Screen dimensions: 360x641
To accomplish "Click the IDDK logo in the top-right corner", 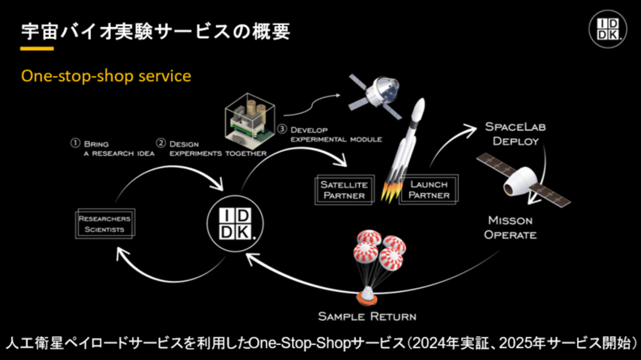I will tap(609, 30).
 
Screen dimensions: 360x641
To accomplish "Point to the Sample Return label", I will tap(367, 316).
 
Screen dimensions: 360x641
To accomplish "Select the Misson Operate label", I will tap(511, 227).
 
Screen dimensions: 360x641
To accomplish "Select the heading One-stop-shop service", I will tap(106, 78).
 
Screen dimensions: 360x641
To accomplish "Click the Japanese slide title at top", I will tap(154, 31).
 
